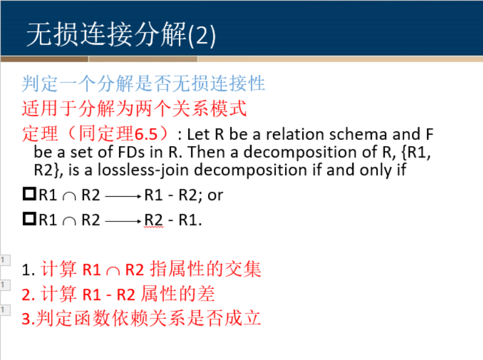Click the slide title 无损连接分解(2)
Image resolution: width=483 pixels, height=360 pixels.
[x=121, y=35]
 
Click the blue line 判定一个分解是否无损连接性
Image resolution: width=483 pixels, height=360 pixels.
[x=143, y=84]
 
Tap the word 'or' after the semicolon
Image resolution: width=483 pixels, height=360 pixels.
[x=216, y=195]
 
